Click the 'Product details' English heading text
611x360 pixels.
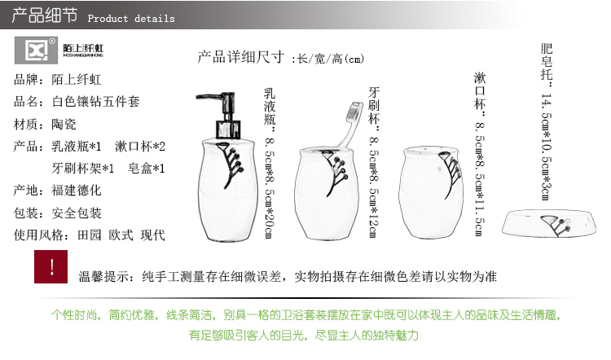[131, 18]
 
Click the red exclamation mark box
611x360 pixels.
[51, 267]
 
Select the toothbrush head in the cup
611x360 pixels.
[354, 112]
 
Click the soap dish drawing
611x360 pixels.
[549, 224]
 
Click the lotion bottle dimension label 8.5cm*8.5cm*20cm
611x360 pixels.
[270, 187]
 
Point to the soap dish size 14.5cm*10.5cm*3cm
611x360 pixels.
[547, 147]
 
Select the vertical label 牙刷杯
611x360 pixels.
[374, 106]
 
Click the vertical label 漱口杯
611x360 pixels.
[480, 90]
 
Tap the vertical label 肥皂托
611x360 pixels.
[547, 62]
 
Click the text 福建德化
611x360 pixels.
[77, 191]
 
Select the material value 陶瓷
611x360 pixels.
[64, 125]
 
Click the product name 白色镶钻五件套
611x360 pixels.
[96, 102]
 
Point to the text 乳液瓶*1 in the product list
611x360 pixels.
[77, 147]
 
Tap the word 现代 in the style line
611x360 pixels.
[153, 235]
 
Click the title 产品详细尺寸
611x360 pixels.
[241, 57]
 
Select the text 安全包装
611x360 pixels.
[77, 213]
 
